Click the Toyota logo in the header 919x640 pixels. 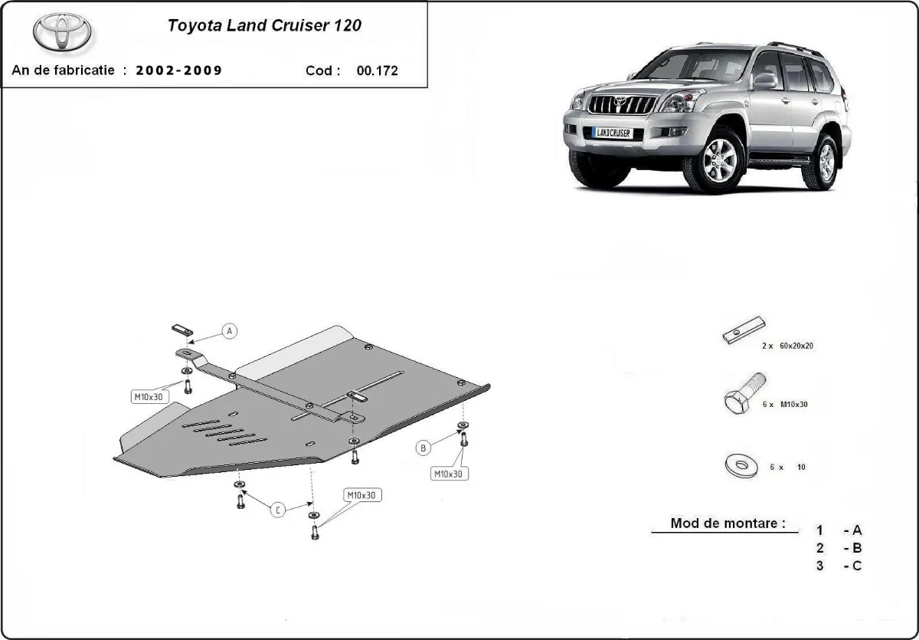(62, 33)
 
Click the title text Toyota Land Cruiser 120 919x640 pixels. (264, 25)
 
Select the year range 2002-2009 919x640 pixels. (179, 71)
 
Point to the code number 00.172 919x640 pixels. (377, 71)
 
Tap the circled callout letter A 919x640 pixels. (230, 331)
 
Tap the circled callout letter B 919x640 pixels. (424, 448)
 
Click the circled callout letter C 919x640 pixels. (278, 510)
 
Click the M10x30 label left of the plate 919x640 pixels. (149, 396)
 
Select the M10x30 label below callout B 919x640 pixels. (449, 474)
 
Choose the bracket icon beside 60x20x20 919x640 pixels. (744, 330)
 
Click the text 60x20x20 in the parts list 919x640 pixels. (797, 346)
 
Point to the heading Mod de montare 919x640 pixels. (728, 523)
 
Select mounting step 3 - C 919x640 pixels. (839, 566)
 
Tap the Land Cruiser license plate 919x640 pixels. (612, 133)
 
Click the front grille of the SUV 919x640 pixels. (621, 104)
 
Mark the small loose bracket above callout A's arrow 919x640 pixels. (181, 330)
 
